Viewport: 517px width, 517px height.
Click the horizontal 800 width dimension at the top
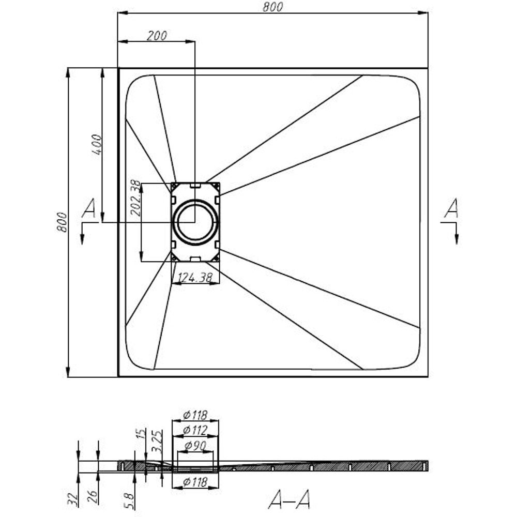[272, 6]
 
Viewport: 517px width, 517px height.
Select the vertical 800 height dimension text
[62, 222]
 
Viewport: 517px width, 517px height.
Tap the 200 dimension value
[157, 36]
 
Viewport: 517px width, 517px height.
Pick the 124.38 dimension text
[195, 278]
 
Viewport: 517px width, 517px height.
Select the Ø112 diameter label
[195, 430]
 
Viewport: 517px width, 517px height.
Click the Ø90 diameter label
[195, 445]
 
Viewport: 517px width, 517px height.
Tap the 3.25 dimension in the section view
[159, 441]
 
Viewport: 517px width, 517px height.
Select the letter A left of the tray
[89, 209]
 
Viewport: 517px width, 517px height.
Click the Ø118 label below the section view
[195, 482]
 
